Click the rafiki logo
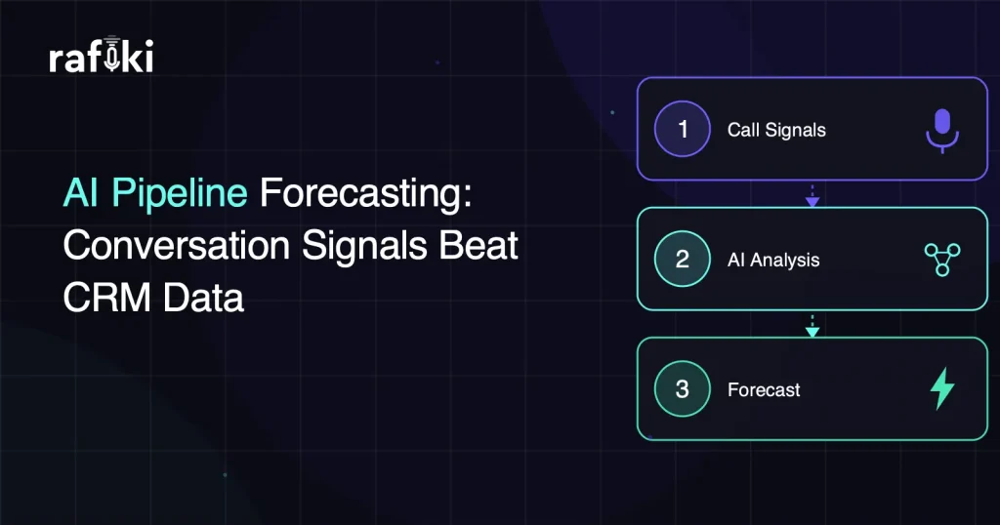pos(101,60)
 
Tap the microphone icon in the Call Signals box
pos(941,130)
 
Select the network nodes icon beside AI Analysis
pos(941,260)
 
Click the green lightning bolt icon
pos(941,388)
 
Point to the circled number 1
pos(683,130)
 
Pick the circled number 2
pos(683,260)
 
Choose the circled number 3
pos(683,388)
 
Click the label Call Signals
pos(776,130)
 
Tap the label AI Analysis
pos(773,260)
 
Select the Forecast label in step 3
pos(764,389)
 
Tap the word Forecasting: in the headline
pos(365,193)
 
